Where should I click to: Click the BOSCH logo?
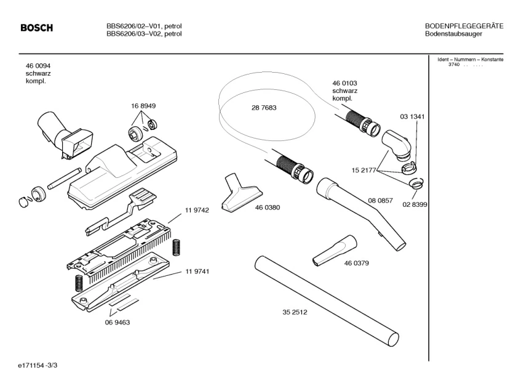pos(37,28)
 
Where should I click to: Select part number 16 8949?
pos(143,106)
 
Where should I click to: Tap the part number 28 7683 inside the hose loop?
pos(264,108)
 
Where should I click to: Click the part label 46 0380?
pos(268,208)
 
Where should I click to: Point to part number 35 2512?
pos(295,312)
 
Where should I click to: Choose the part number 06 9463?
pos(117,322)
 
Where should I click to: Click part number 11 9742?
pos(197,211)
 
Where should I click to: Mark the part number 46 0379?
pos(356,264)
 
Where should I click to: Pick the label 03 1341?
pos(412,116)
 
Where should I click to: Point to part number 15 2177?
pos(364,170)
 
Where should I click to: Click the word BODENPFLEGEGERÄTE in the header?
pos(464,26)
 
